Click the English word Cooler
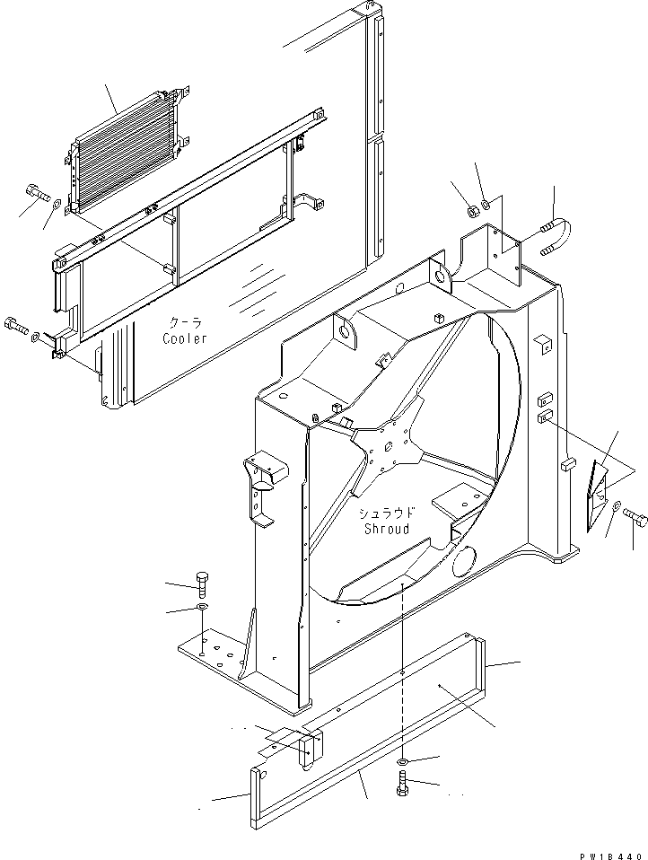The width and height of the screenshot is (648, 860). pyautogui.click(x=185, y=338)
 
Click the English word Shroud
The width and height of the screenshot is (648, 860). pyautogui.click(x=387, y=529)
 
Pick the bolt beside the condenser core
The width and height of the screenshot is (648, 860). pyautogui.click(x=35, y=191)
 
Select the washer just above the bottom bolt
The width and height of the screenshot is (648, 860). pyautogui.click(x=403, y=762)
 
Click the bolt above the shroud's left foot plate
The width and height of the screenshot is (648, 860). pyautogui.click(x=201, y=584)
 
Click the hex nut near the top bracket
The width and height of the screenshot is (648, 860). pyautogui.click(x=468, y=212)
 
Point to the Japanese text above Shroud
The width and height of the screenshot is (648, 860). pyautogui.click(x=387, y=513)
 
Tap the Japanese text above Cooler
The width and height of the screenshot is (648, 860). pyautogui.click(x=187, y=323)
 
